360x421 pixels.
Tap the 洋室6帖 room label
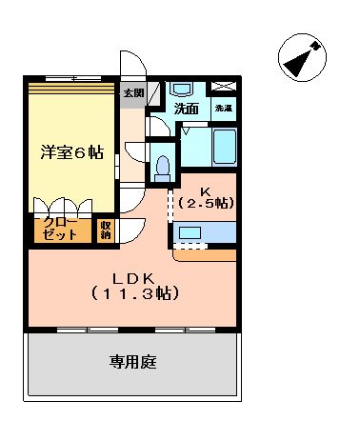(x=72, y=150)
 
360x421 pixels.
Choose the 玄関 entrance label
(x=133, y=93)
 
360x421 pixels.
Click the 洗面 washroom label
(x=186, y=109)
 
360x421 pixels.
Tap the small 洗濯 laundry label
(x=223, y=109)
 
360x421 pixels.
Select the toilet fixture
(x=164, y=168)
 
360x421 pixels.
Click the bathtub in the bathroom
(x=223, y=149)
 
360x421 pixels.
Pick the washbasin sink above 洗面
(x=182, y=90)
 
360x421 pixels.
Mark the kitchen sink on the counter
(x=190, y=232)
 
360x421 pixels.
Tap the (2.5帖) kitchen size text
(x=206, y=203)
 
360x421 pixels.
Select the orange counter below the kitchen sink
(x=204, y=254)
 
